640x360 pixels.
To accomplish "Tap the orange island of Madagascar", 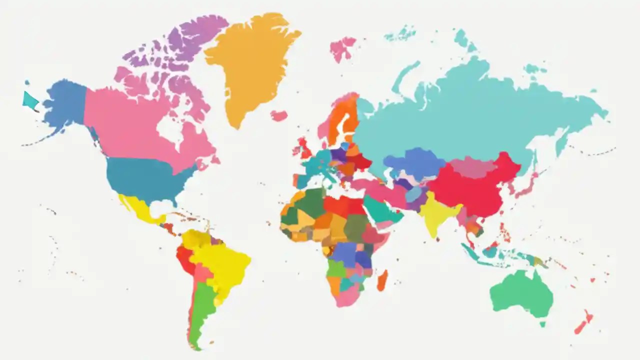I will (382, 281).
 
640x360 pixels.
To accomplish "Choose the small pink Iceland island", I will (279, 115).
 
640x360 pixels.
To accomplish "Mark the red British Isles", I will (304, 147).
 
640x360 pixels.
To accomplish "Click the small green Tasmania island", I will (542, 324).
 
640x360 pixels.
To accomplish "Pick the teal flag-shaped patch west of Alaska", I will (30, 100).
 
